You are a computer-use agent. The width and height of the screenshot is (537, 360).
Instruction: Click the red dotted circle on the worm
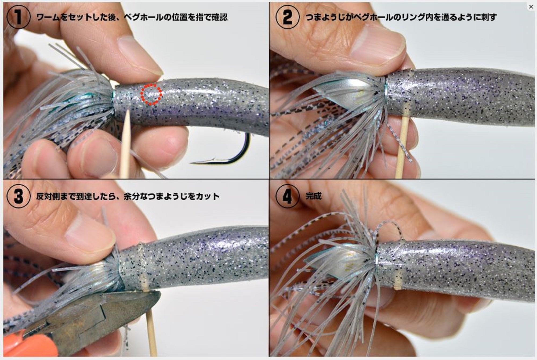tap(151, 94)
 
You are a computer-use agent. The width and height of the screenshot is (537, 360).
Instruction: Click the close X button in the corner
tap(531, 7)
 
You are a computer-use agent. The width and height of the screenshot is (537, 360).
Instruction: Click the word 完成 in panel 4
tap(313, 196)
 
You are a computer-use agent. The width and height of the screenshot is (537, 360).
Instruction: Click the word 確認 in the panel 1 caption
tap(219, 17)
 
